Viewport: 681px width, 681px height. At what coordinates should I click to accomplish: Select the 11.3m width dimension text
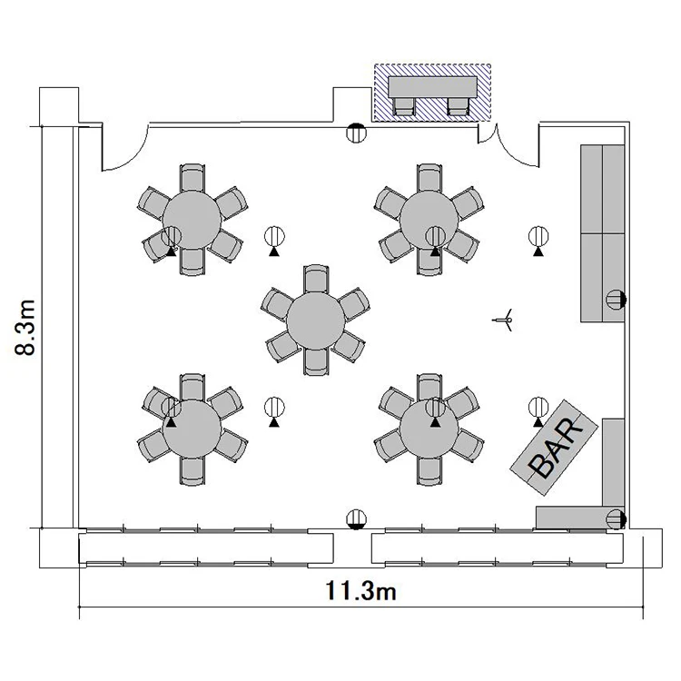click(x=360, y=591)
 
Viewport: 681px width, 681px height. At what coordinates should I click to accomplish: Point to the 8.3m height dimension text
click(x=25, y=328)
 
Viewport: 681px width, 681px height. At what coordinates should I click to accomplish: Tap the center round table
click(x=316, y=321)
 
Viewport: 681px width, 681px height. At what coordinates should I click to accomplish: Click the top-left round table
click(x=192, y=220)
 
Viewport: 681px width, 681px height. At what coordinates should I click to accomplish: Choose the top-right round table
click(x=429, y=220)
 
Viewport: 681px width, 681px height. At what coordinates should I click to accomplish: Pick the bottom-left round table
click(x=192, y=429)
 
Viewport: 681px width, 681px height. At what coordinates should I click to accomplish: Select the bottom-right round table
click(x=429, y=429)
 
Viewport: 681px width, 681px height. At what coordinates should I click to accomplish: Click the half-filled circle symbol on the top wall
click(x=356, y=133)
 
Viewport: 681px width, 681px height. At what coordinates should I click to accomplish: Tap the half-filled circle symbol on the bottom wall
click(x=356, y=519)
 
